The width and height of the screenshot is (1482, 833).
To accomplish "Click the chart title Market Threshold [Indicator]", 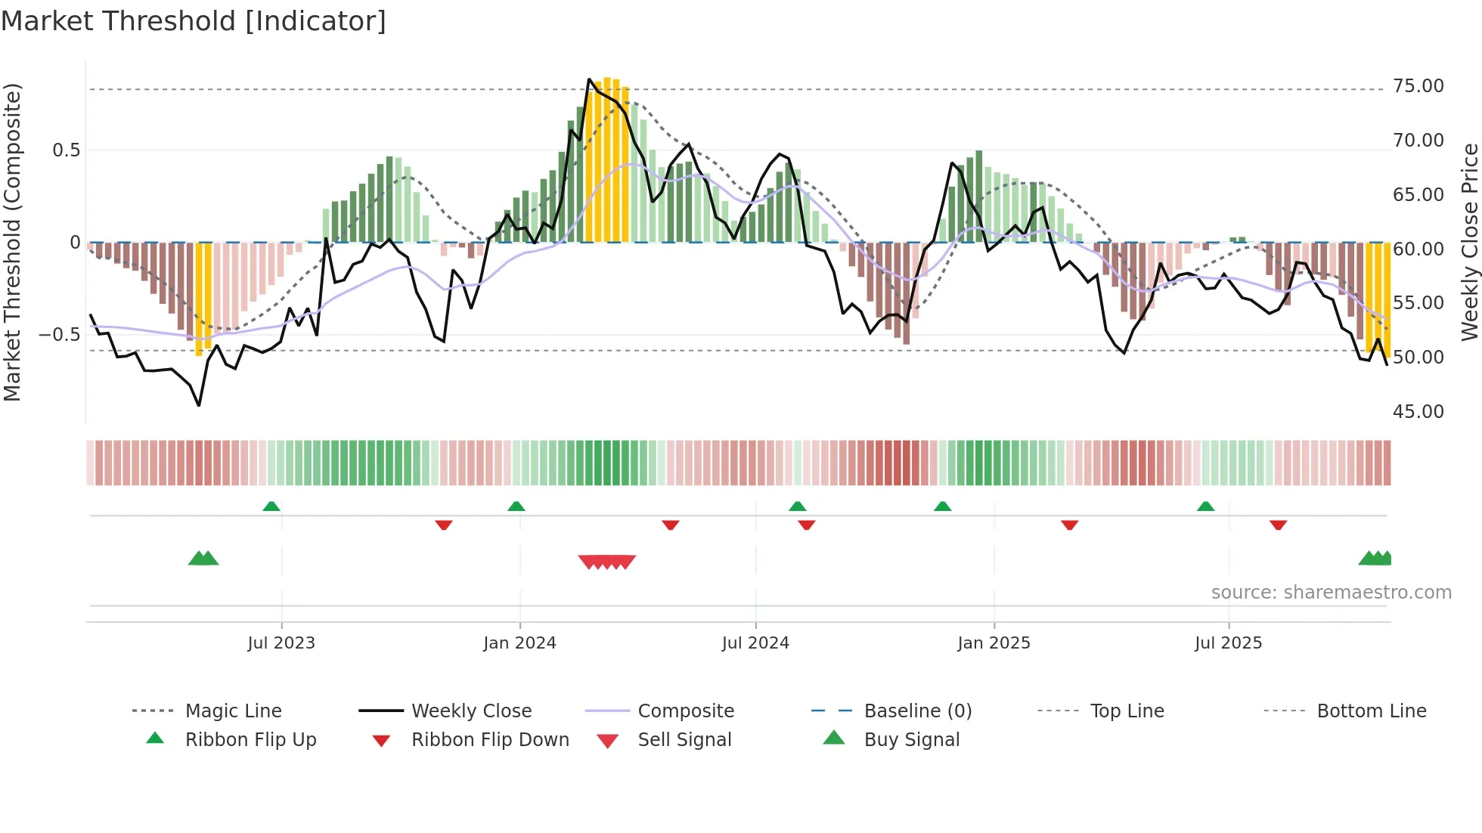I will point(194,21).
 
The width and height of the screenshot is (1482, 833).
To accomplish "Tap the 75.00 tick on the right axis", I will point(1418,86).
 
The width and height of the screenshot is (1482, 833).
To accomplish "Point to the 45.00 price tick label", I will point(1418,412).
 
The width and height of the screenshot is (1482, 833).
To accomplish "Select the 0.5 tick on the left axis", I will point(67,150).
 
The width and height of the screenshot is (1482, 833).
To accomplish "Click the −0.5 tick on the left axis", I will point(60,334).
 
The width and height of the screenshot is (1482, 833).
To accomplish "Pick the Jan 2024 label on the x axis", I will point(519,643).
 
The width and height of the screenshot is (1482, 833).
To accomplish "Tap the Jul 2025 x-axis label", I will point(1228,643).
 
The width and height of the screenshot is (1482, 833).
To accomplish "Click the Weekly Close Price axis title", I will point(1469,242).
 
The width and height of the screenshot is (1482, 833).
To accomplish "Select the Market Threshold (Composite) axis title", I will point(12,242).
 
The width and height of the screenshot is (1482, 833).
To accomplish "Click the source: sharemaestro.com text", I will point(1331,593).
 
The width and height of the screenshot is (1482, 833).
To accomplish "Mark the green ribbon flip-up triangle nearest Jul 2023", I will point(271,506).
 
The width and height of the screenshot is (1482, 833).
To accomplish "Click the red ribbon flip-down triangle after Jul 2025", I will point(1278,525).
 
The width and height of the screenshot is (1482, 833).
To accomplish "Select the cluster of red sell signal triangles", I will point(607,562).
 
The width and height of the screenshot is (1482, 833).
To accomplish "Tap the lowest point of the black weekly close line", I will point(199,406).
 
